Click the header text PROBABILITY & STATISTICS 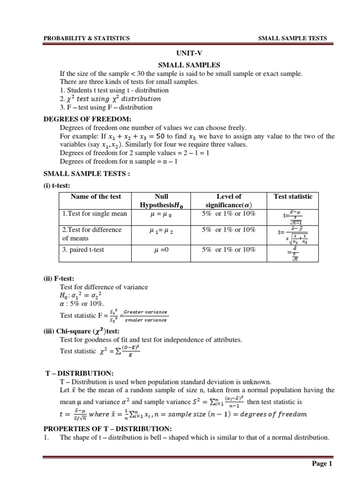[x=86, y=38]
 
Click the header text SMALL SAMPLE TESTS [x=292, y=38]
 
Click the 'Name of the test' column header [x=96, y=196]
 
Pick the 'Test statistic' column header [x=292, y=196]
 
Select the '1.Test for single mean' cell [x=94, y=214]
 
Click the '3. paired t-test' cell [x=83, y=249]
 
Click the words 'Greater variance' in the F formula [x=148, y=312]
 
